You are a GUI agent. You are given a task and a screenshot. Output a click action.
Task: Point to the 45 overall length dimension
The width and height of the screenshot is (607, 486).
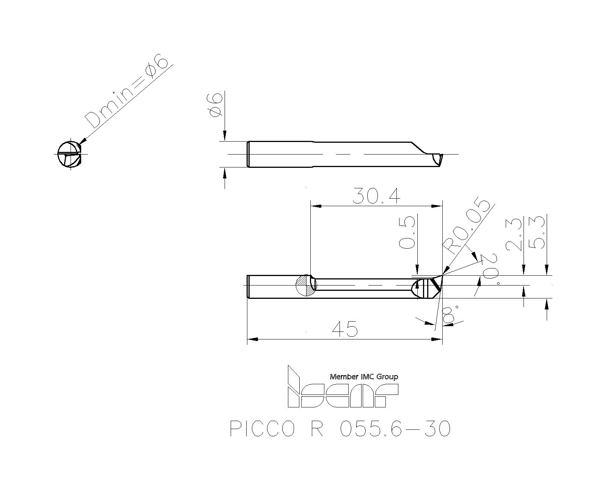click(345, 329)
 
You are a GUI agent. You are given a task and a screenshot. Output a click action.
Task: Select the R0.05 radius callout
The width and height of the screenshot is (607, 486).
click(469, 227)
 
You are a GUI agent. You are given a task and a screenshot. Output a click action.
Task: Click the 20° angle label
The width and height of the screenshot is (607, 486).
click(490, 269)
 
